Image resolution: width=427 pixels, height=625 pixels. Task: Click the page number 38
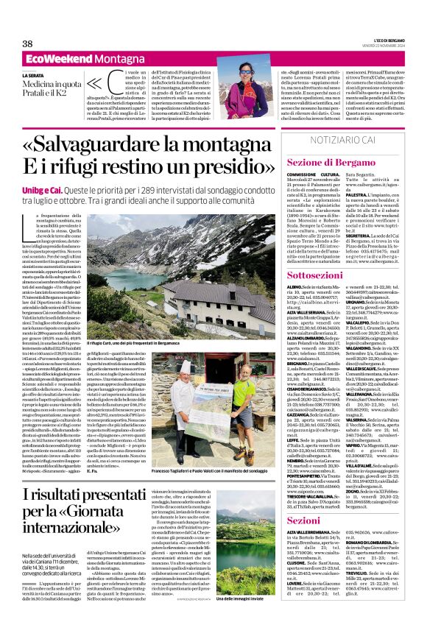click(27, 43)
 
